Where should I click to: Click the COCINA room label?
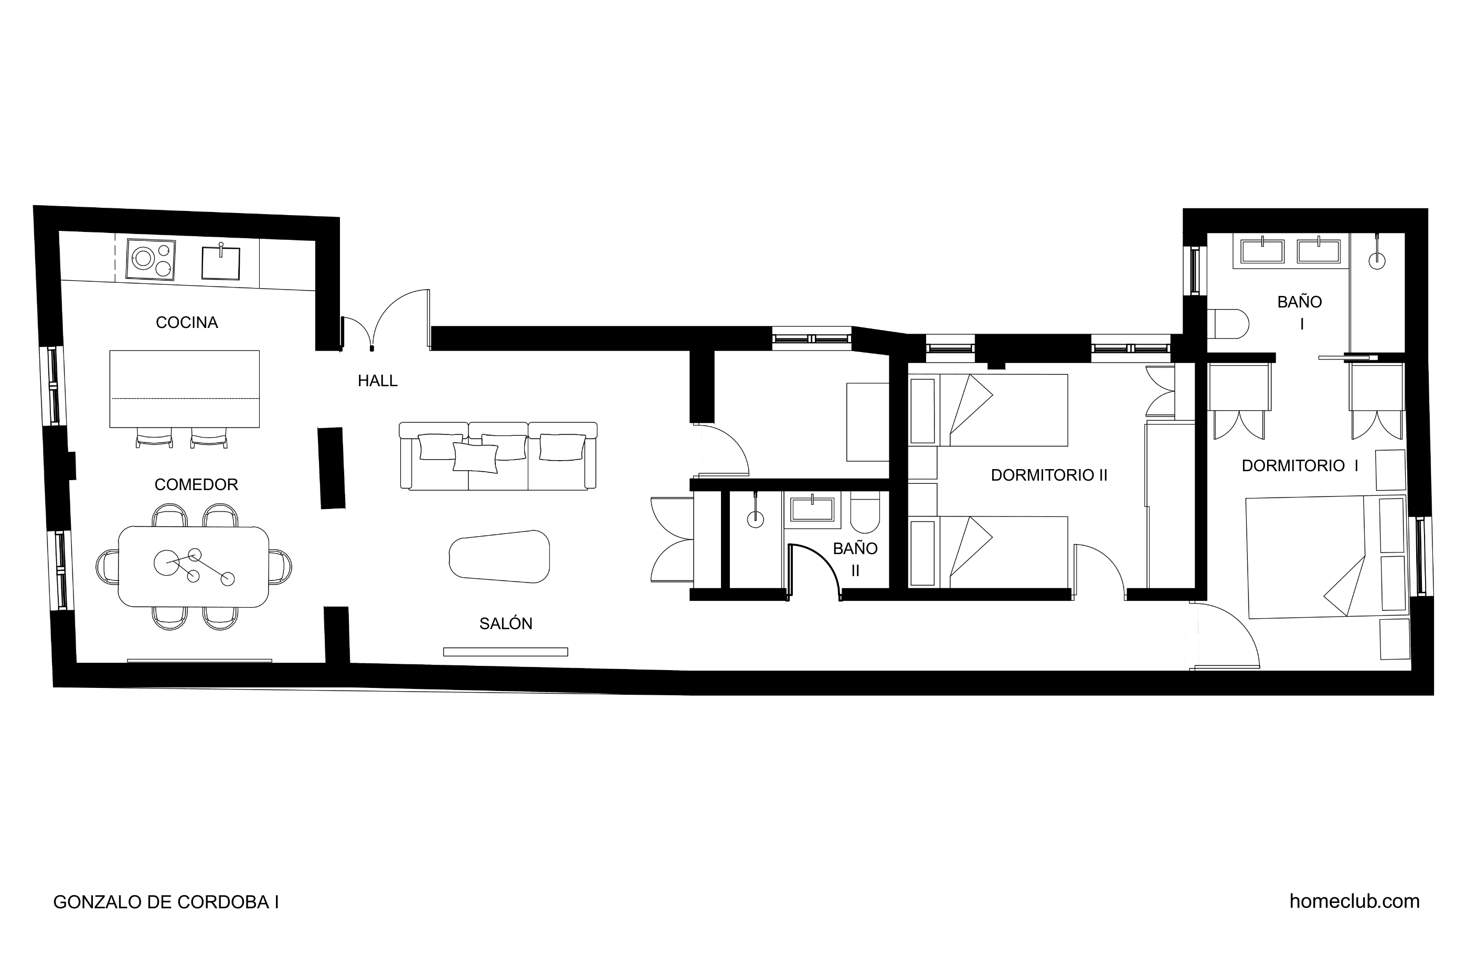click(x=187, y=322)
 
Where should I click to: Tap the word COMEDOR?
click(x=196, y=484)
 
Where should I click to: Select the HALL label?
click(x=378, y=381)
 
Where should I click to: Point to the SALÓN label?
click(x=506, y=623)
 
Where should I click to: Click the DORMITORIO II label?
click(x=1049, y=475)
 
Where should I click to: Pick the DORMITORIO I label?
click(x=1300, y=466)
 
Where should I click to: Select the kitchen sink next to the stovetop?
click(x=220, y=262)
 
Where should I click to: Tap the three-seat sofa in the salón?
click(x=498, y=456)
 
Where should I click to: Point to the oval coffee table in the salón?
click(x=500, y=556)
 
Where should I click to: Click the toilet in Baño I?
click(x=1227, y=323)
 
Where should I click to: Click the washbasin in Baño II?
click(x=812, y=510)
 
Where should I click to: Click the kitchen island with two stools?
click(x=184, y=389)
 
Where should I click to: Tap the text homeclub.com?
click(x=1355, y=901)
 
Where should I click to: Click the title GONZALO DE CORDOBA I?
click(x=166, y=902)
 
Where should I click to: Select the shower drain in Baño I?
click(x=1377, y=261)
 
